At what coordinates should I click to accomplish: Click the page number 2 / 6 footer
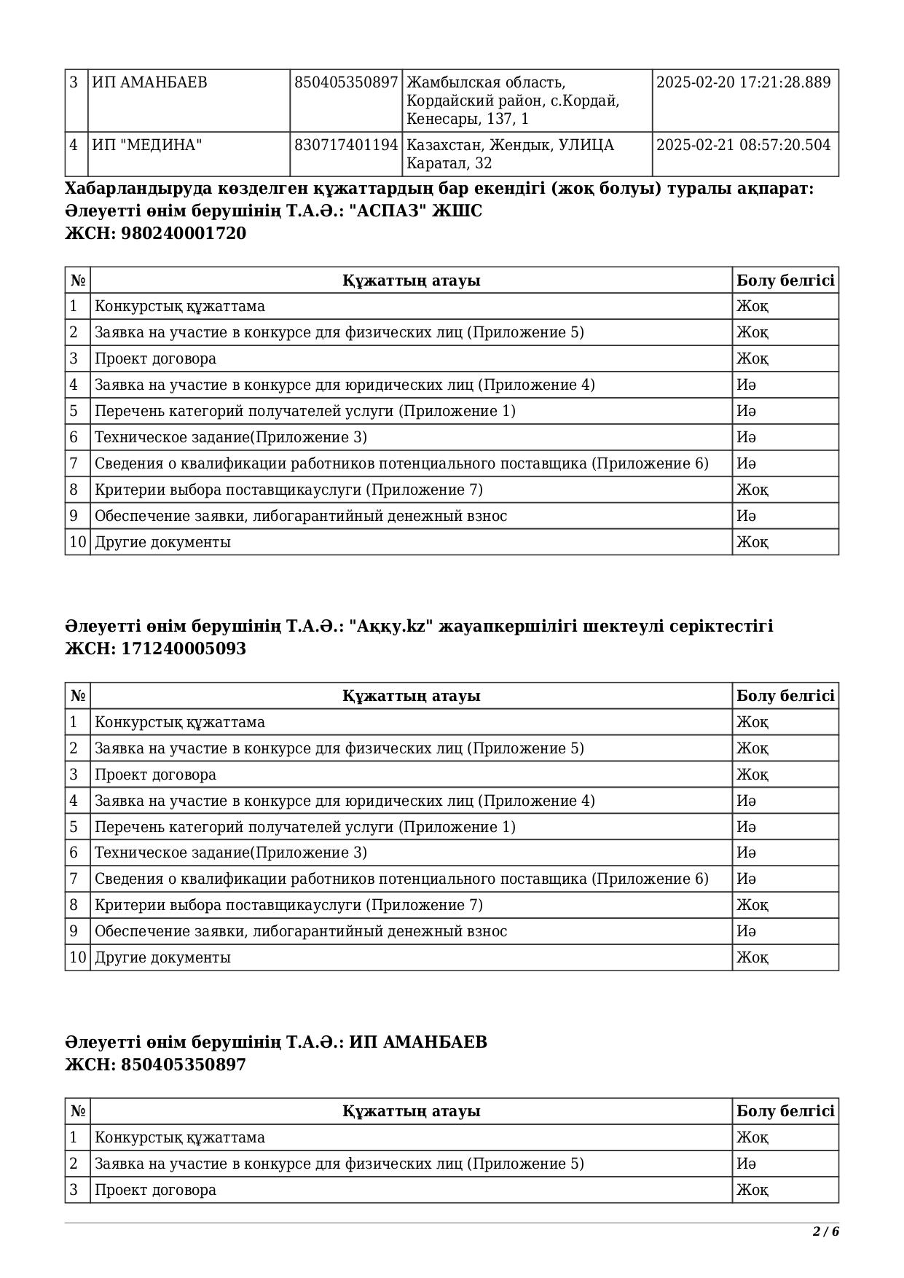(x=825, y=1231)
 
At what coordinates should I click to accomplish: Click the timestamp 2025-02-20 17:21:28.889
(x=743, y=82)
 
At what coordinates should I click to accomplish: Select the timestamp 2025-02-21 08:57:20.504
(x=743, y=145)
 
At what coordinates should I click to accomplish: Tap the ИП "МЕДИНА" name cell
(x=147, y=145)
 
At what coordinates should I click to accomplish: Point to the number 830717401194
(x=346, y=145)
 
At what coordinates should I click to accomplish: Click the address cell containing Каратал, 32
(x=510, y=154)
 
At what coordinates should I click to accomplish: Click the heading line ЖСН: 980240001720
(x=156, y=233)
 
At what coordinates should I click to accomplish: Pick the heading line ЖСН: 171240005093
(x=156, y=648)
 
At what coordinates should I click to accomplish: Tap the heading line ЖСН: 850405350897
(x=156, y=1065)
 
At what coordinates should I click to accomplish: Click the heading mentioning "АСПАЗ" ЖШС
(x=274, y=211)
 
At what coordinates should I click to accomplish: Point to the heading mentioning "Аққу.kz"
(x=419, y=626)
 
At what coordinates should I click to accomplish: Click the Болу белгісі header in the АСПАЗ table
(x=785, y=281)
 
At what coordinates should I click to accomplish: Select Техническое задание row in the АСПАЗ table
(x=231, y=437)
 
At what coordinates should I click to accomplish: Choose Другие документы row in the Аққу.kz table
(x=162, y=957)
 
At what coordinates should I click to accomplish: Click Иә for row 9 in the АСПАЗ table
(x=746, y=516)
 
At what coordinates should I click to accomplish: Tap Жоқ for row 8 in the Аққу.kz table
(x=752, y=905)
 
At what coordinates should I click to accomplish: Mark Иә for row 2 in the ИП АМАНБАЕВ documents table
(x=746, y=1164)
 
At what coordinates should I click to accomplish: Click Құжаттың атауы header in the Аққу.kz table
(x=411, y=696)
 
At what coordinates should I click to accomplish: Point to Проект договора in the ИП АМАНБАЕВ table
(x=155, y=1190)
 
